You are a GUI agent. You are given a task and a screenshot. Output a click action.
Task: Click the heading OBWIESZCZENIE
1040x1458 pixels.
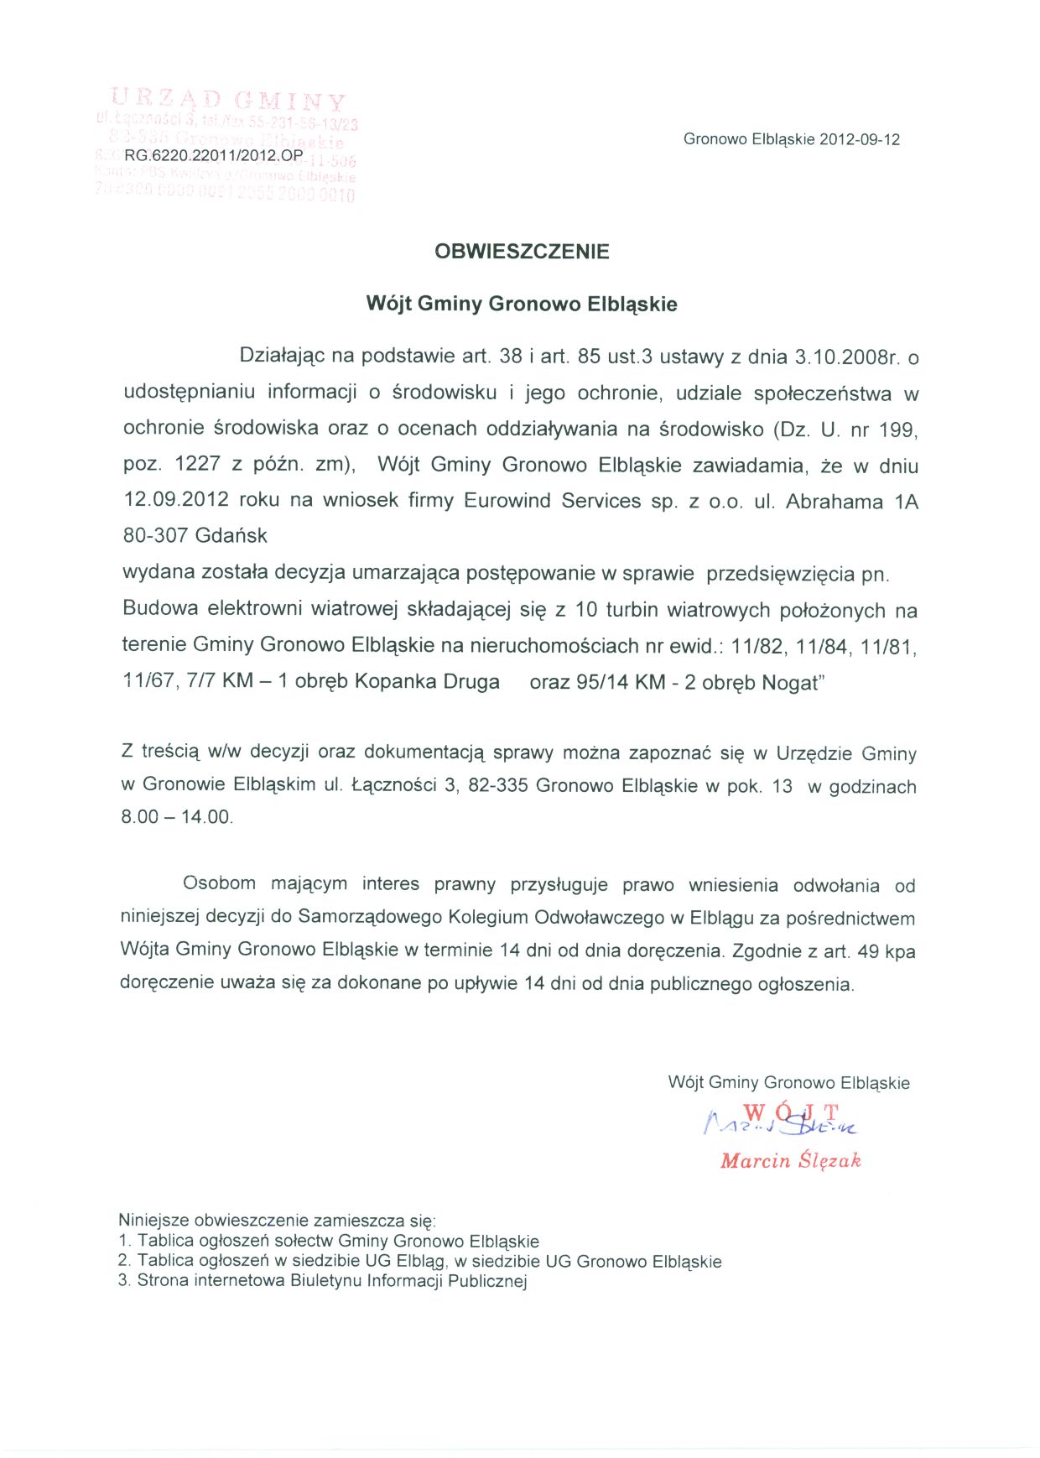pos(522,252)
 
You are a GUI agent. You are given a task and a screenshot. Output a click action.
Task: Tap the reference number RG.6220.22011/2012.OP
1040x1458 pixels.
pos(213,155)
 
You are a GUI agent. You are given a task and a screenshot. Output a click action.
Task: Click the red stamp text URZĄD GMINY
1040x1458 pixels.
pos(227,102)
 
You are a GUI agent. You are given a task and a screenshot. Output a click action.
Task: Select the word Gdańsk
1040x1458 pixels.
pos(231,535)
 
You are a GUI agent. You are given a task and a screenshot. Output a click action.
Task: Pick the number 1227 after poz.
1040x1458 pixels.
pos(197,464)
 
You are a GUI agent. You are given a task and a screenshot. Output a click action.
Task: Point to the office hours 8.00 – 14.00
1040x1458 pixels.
pos(176,817)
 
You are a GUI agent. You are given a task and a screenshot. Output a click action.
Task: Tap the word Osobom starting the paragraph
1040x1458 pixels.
pos(219,883)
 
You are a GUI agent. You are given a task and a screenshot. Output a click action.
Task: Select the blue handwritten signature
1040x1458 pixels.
pos(780,1120)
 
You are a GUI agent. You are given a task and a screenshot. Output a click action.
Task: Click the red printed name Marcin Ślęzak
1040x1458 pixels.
pos(790,1161)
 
